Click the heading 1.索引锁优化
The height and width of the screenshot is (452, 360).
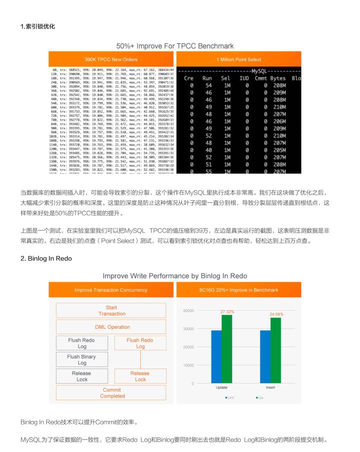pyautogui.click(x=37, y=26)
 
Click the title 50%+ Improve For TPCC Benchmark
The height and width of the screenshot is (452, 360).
pyautogui.click(x=175, y=46)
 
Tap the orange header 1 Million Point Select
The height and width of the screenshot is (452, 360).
pyautogui.click(x=239, y=59)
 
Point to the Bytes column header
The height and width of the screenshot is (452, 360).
pyautogui.click(x=277, y=78)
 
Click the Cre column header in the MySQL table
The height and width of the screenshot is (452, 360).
pyautogui.click(x=188, y=78)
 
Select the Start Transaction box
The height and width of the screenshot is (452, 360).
pyautogui.click(x=111, y=311)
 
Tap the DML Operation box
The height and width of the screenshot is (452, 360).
pyautogui.click(x=111, y=327)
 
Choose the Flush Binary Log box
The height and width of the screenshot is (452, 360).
pyautogui.click(x=82, y=360)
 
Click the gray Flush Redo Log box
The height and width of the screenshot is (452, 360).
pyautogui.click(x=81, y=343)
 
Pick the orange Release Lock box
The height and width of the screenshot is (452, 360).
pyautogui.click(x=140, y=376)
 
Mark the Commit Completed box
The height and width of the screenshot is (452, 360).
pyautogui.click(x=111, y=393)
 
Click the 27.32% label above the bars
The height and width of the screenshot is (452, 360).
pyautogui.click(x=227, y=312)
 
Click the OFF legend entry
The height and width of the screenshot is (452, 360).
pyautogui.click(x=230, y=398)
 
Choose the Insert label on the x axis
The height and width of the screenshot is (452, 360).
pyautogui.click(x=270, y=388)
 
